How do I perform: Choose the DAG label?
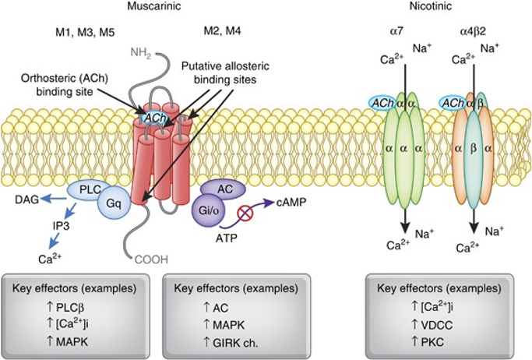pyautogui.click(x=25, y=199)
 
